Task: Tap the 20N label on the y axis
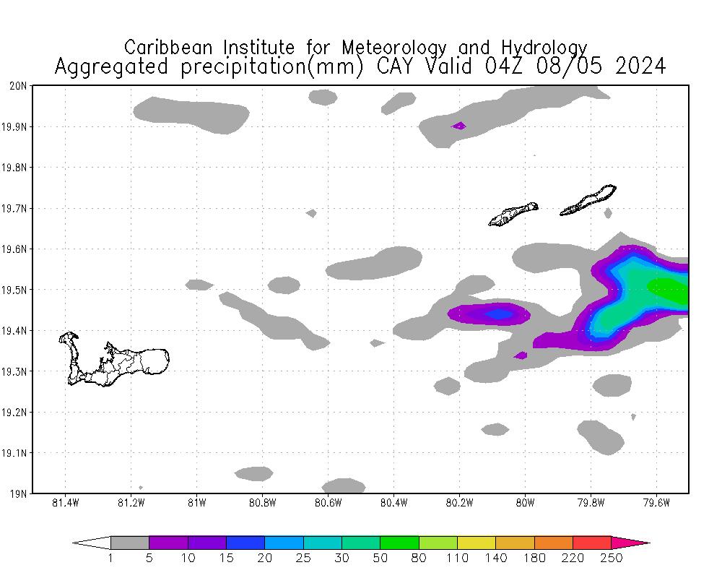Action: click(19, 86)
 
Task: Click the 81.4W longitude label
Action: click(66, 503)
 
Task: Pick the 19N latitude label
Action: click(19, 494)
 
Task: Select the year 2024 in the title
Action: click(640, 66)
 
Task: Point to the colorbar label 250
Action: click(611, 558)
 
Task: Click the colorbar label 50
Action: click(380, 558)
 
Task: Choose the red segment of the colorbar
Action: click(591, 543)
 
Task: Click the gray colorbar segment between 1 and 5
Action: click(130, 543)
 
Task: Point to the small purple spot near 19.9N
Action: click(458, 126)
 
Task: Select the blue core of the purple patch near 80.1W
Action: click(497, 314)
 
